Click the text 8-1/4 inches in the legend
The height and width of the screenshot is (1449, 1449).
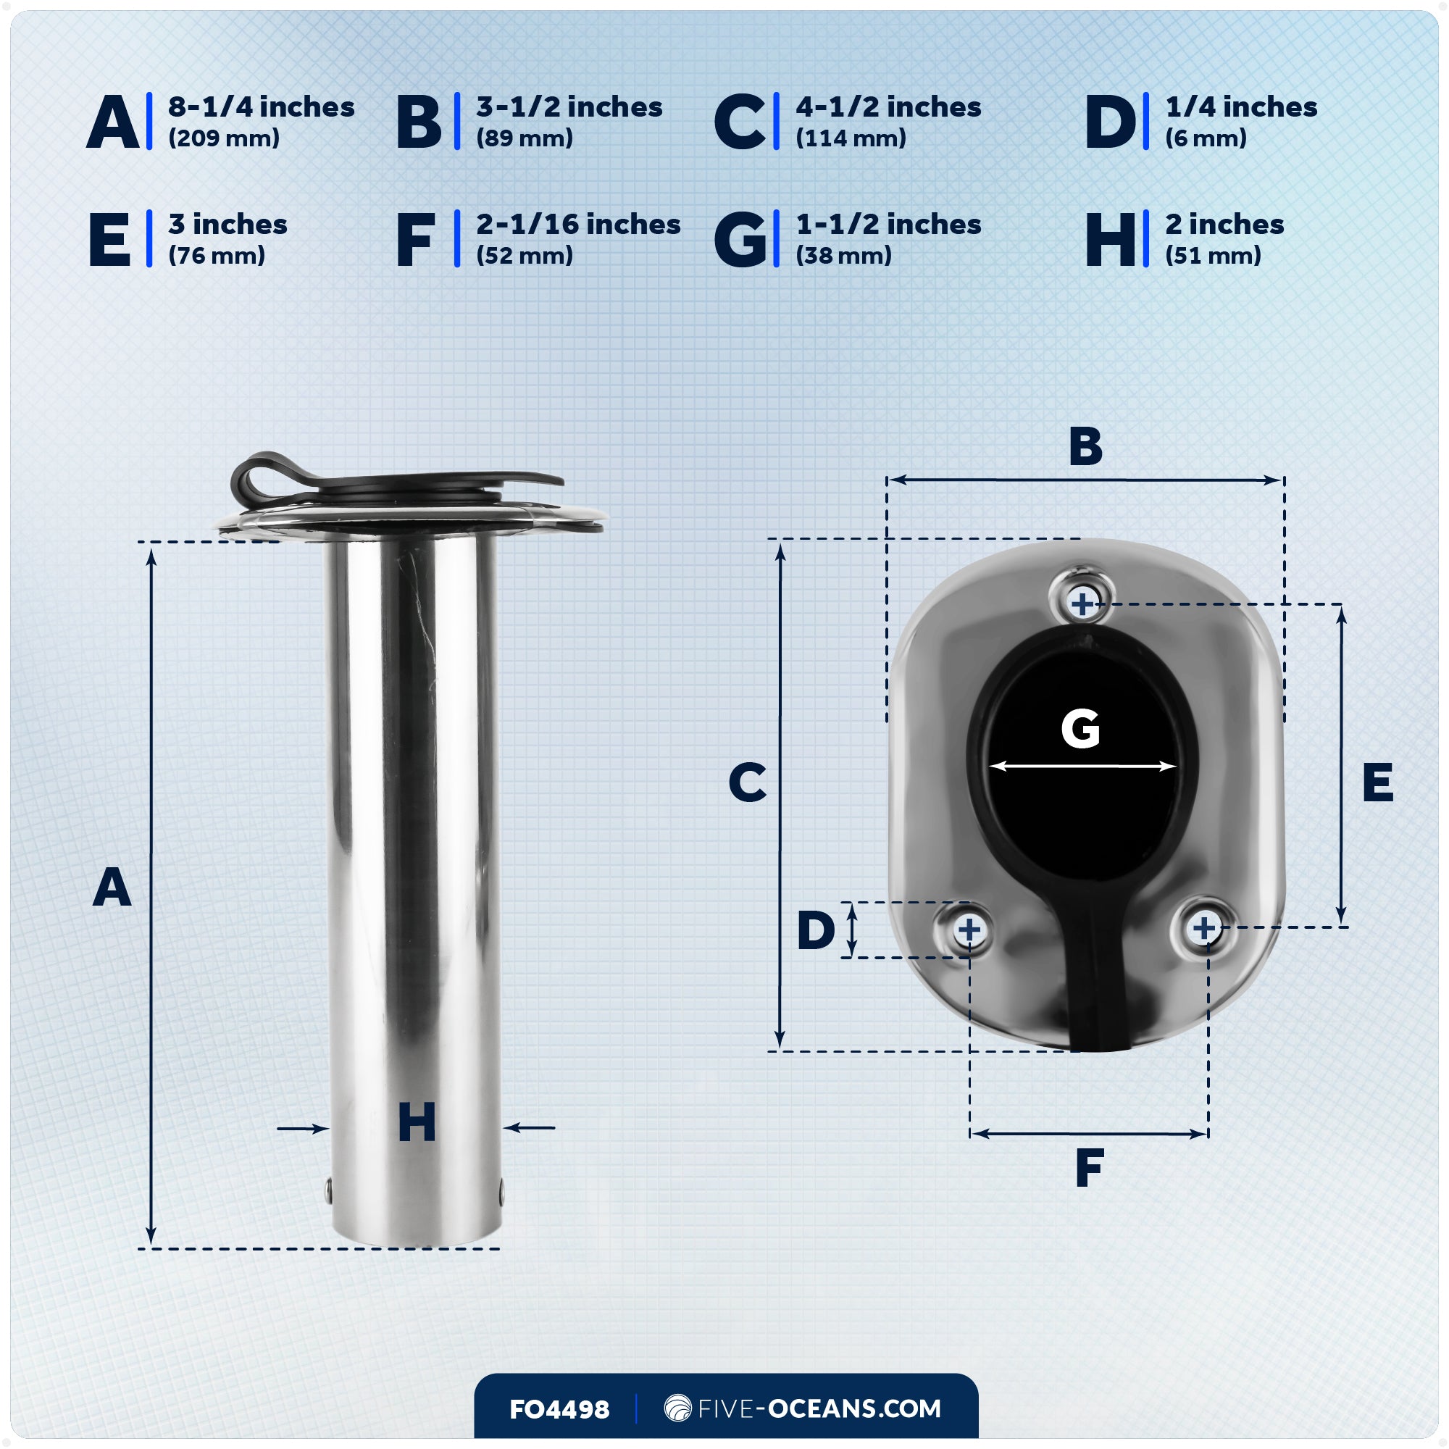[260, 107]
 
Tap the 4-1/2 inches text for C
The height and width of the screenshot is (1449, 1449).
[888, 107]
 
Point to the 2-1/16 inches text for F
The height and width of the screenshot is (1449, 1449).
[577, 225]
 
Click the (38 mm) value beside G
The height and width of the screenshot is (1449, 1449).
[843, 256]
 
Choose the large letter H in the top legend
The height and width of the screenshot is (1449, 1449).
[1111, 239]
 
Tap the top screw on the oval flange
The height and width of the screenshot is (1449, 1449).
[1082, 603]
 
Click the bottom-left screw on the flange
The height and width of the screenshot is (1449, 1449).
[969, 930]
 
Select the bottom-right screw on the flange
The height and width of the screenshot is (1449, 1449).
[1203, 928]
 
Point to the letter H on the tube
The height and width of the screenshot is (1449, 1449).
[417, 1123]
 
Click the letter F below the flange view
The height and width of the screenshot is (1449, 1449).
[1089, 1168]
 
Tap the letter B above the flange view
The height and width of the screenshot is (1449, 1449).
[1085, 446]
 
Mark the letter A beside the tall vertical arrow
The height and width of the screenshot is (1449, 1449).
[112, 888]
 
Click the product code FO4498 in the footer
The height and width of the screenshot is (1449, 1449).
[559, 1409]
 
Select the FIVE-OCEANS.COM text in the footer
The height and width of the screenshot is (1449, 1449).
[818, 1408]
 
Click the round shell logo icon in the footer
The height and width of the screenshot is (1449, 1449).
[677, 1408]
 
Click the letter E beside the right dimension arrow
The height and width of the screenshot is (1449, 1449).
[1377, 782]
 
